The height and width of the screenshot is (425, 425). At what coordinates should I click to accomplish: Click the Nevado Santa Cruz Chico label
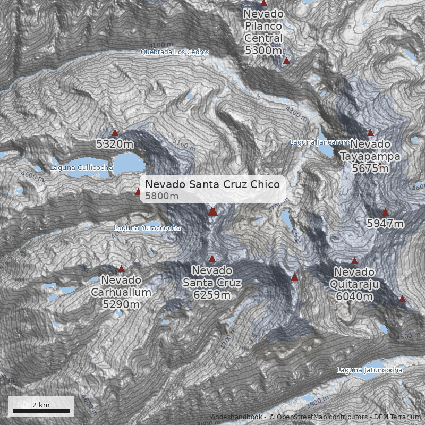(x=212, y=184)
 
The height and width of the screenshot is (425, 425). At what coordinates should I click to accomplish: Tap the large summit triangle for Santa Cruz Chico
(x=212, y=211)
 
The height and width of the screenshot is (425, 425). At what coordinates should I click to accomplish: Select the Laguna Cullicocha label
(x=81, y=168)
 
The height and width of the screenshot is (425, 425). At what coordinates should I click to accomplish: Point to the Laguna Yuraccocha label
(x=147, y=228)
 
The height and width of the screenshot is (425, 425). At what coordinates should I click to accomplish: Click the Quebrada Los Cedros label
(x=175, y=52)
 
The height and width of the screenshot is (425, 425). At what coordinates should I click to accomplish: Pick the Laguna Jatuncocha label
(x=370, y=370)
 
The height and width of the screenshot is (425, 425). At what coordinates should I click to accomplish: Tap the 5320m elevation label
(x=115, y=143)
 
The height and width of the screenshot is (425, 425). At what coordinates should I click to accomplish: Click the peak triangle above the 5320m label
(x=115, y=132)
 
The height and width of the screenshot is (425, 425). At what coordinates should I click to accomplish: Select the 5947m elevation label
(x=385, y=224)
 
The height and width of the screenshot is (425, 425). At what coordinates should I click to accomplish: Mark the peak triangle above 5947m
(x=386, y=212)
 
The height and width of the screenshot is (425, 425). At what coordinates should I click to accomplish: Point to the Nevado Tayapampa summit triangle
(x=371, y=132)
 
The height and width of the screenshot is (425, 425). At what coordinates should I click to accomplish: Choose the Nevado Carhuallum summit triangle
(x=121, y=269)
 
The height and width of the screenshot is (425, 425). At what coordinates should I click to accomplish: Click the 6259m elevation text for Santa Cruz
(x=212, y=295)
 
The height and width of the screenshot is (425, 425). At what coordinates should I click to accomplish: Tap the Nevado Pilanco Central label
(x=263, y=32)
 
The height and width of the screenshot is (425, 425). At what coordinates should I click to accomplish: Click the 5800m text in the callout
(x=162, y=196)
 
